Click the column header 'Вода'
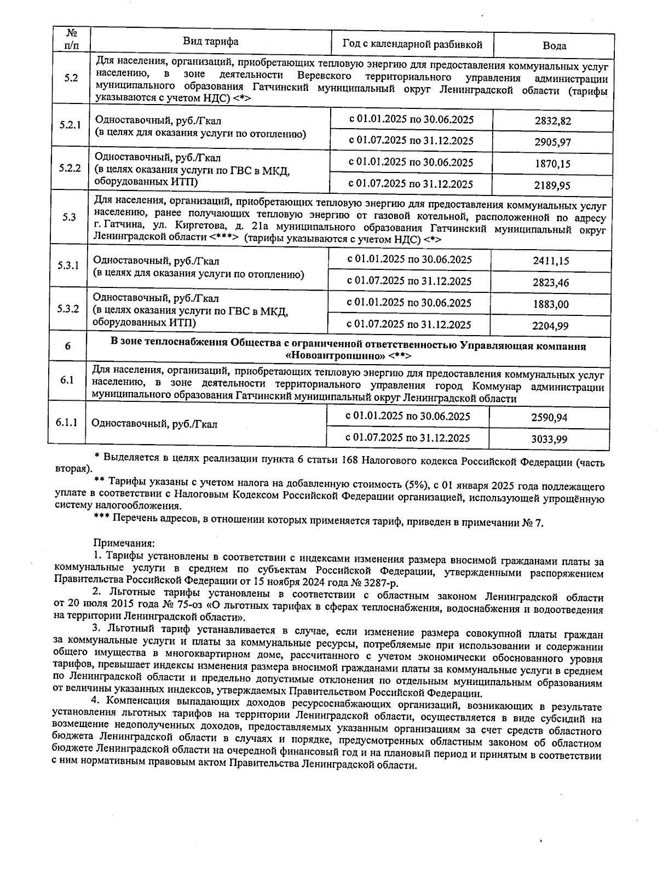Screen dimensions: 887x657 tap(554, 46)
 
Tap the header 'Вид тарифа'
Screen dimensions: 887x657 tap(210, 42)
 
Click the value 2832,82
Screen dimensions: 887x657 tap(553, 121)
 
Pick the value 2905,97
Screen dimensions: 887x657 tap(553, 142)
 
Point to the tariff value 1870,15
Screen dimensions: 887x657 tap(552, 164)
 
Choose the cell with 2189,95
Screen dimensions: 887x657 tap(552, 186)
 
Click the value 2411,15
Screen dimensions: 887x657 tap(551, 261)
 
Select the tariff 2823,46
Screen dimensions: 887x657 tap(551, 283)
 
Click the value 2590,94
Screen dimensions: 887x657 tap(549, 418)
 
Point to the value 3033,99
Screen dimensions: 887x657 tap(549, 439)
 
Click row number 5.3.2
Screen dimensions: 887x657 tap(68, 309)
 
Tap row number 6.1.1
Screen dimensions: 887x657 tap(66, 423)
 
